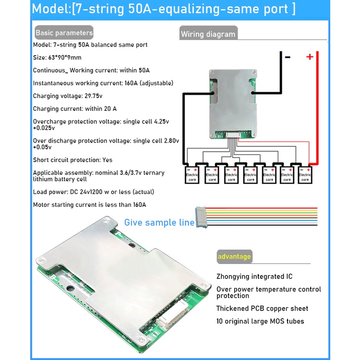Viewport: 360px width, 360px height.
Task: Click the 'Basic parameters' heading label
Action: (x=63, y=33)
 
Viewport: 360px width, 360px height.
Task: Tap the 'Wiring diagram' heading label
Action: (x=208, y=34)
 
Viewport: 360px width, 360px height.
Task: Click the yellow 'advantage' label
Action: (x=234, y=256)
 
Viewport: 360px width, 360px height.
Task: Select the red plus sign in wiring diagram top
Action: (x=310, y=57)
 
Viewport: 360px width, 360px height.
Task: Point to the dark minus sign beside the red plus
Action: (x=288, y=57)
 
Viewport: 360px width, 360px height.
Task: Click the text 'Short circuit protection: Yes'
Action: (x=73, y=160)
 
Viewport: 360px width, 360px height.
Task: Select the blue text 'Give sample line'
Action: (x=159, y=222)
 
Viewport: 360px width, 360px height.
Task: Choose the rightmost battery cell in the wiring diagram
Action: (x=305, y=175)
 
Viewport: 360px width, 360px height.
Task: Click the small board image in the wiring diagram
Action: (x=233, y=103)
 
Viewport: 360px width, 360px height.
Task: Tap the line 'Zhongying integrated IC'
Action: (x=254, y=276)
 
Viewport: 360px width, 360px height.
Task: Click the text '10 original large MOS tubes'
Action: (x=260, y=321)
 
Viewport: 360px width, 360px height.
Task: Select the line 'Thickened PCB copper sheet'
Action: (x=262, y=308)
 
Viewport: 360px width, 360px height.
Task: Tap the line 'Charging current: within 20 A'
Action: (x=75, y=109)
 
